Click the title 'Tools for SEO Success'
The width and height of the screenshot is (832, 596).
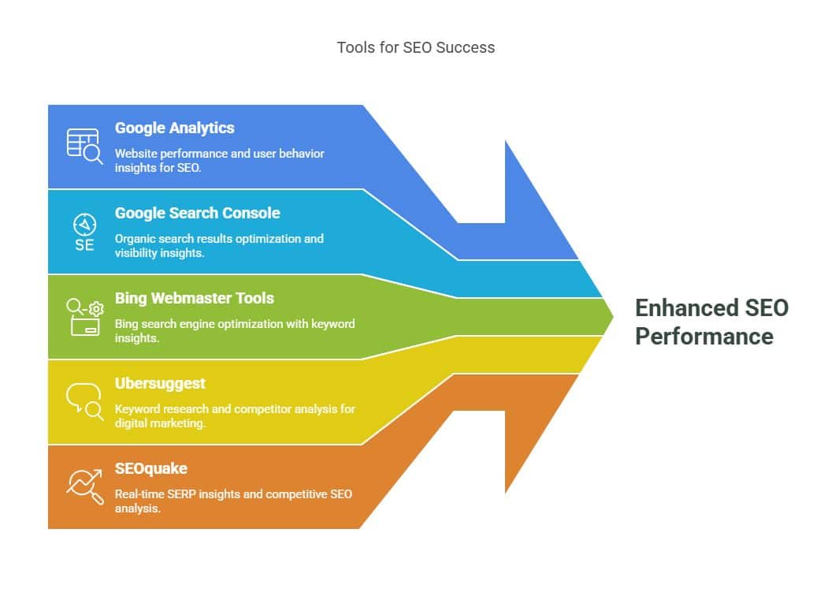tap(415, 47)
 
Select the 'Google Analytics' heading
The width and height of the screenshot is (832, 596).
tap(174, 128)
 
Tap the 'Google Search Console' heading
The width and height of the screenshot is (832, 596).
tap(197, 213)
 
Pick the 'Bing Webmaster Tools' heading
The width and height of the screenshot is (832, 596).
tap(194, 298)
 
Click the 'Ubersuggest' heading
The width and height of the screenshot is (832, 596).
tap(160, 383)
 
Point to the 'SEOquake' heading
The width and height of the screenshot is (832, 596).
tap(150, 468)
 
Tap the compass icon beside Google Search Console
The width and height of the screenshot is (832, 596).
tap(84, 222)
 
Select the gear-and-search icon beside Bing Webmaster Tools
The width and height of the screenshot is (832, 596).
tap(84, 317)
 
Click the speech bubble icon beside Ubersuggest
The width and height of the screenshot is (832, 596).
tap(84, 401)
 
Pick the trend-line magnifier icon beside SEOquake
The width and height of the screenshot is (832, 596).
tap(84, 486)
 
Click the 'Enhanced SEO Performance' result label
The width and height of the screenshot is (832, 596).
tap(711, 322)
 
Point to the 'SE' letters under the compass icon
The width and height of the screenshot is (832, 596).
tap(84, 244)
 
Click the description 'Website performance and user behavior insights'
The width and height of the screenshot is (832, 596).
tap(219, 160)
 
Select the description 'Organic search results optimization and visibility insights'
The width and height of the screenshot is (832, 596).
tap(219, 245)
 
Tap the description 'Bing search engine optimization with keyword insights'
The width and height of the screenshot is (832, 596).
tap(234, 330)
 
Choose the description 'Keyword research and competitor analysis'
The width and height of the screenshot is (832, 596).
tap(234, 415)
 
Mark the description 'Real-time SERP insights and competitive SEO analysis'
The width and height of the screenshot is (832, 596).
tap(233, 501)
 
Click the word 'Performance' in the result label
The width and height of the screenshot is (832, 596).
tap(704, 337)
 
